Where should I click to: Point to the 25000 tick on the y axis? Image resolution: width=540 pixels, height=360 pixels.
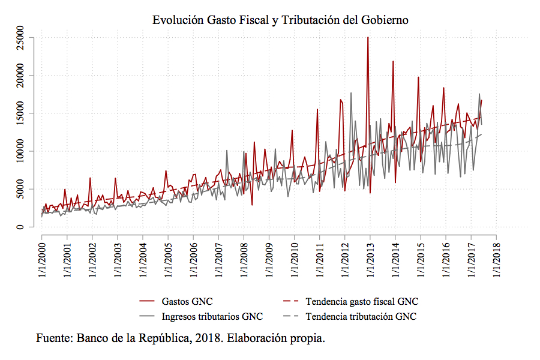click(x=21, y=38)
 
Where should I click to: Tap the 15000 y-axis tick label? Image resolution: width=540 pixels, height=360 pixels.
click(x=21, y=113)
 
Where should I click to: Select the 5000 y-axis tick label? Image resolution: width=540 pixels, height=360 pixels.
click(x=21, y=189)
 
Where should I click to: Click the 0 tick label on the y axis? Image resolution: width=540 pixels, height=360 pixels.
click(x=21, y=227)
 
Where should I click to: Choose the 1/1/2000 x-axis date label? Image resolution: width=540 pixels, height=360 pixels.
click(x=42, y=262)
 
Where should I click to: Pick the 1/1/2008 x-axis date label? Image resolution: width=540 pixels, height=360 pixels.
click(x=244, y=262)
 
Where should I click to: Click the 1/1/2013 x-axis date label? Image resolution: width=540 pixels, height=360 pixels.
click(x=370, y=262)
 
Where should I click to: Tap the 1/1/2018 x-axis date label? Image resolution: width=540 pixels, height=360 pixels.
click(x=496, y=262)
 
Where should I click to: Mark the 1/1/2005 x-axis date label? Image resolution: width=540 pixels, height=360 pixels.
click(x=168, y=262)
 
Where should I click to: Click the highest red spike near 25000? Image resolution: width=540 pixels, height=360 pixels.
click(x=368, y=38)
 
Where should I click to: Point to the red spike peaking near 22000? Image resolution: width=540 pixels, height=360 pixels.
click(x=393, y=62)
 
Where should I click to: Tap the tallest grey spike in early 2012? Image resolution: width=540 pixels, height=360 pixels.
click(x=351, y=93)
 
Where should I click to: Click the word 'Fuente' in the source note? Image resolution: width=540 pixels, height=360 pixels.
click(x=53, y=338)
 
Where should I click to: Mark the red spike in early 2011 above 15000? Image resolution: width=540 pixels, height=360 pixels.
click(x=317, y=110)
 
